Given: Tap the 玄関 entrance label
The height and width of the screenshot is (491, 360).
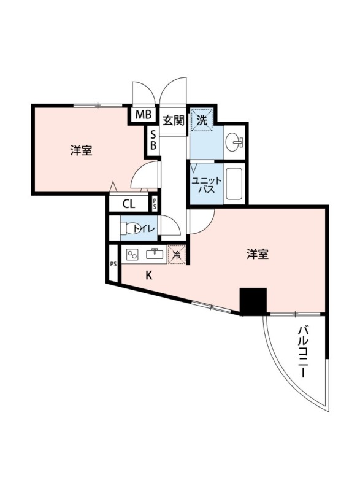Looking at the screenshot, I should pos(174,120).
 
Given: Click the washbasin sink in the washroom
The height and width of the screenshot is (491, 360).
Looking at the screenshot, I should pos(234,143).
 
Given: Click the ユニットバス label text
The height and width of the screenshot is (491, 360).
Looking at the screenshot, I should pos(203,185).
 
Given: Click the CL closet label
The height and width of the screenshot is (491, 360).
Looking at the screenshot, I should pos(129,204).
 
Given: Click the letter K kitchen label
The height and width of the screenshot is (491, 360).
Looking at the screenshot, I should pos(148,276).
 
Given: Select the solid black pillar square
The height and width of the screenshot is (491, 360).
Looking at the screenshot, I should pos(252,301).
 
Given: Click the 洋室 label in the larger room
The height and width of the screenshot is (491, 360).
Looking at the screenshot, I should pos(258,254).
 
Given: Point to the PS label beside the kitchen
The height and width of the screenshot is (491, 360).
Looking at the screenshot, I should pos(113,264).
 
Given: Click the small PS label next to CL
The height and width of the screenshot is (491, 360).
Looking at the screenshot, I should pos(155,204).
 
